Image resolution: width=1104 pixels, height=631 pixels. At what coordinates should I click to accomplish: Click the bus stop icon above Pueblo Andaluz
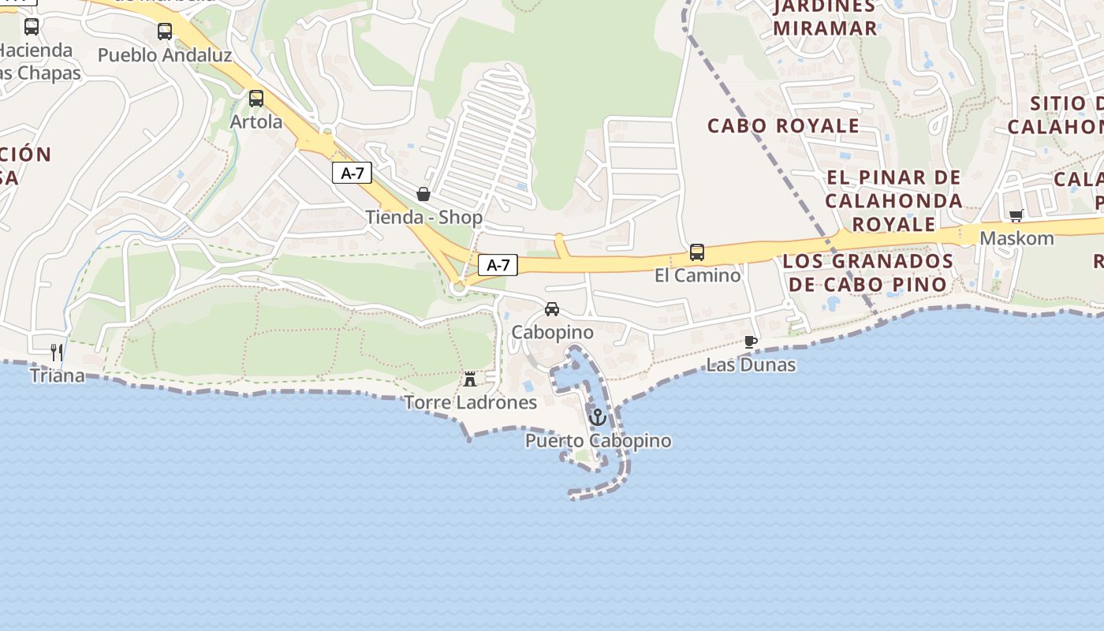[164, 32]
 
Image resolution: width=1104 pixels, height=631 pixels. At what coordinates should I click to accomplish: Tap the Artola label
[256, 122]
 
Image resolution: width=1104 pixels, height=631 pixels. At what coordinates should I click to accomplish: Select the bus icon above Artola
[256, 99]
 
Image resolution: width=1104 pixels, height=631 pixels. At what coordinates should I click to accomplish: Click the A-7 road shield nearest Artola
[352, 173]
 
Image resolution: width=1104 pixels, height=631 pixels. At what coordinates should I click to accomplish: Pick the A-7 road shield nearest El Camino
[498, 265]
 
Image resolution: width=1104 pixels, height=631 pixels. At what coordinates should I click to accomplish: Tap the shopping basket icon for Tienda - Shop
[423, 194]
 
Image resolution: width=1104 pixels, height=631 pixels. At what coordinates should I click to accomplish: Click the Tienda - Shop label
[423, 217]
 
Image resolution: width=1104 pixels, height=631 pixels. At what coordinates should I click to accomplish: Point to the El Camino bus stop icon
[697, 252]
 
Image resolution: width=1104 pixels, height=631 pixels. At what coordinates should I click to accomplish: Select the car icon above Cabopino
[552, 309]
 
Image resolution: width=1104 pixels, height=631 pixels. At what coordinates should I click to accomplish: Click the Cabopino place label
[552, 333]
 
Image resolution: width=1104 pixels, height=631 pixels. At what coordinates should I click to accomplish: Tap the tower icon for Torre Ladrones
[470, 379]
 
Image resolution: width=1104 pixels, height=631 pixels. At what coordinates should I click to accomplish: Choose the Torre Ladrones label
[470, 402]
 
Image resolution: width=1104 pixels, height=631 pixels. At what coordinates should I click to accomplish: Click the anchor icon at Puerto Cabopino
[598, 416]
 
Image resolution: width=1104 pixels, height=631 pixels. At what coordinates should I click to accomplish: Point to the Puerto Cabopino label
[598, 441]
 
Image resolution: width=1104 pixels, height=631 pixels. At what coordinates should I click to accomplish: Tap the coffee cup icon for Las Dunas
[751, 342]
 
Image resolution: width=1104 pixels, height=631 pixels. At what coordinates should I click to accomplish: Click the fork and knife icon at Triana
[57, 352]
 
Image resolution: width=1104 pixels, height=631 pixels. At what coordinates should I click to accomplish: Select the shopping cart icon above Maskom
[1016, 215]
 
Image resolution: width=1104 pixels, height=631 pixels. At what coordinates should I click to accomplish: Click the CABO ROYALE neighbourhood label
[783, 126]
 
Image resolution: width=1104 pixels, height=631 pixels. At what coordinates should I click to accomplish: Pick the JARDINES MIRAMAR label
[825, 17]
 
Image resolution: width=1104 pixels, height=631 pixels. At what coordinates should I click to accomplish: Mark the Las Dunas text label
[751, 365]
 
